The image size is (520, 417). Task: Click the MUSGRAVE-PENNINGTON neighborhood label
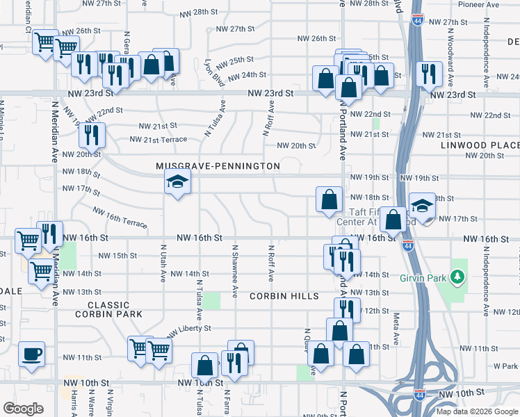218,166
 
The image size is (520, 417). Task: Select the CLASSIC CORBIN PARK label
115,310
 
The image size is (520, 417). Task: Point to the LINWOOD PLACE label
480,145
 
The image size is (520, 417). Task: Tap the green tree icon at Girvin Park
457,277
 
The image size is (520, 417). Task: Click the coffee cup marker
32,354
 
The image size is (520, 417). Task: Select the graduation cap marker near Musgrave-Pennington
177,182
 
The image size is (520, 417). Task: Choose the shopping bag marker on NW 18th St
328,199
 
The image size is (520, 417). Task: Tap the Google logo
24,409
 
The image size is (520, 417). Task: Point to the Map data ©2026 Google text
476,411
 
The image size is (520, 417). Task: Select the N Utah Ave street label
163,262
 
